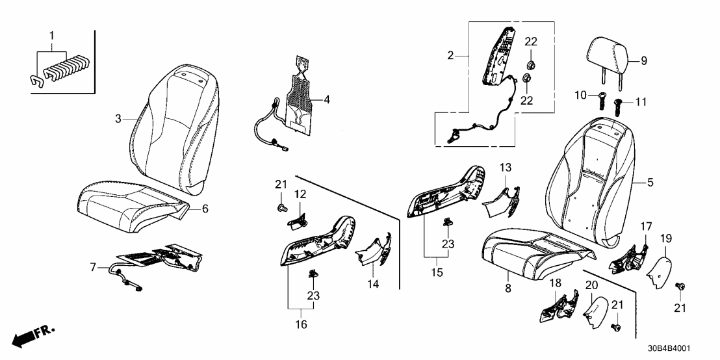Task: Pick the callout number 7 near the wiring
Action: coord(93,268)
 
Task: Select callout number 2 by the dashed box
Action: coord(451,55)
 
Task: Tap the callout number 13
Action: coord(506,167)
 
